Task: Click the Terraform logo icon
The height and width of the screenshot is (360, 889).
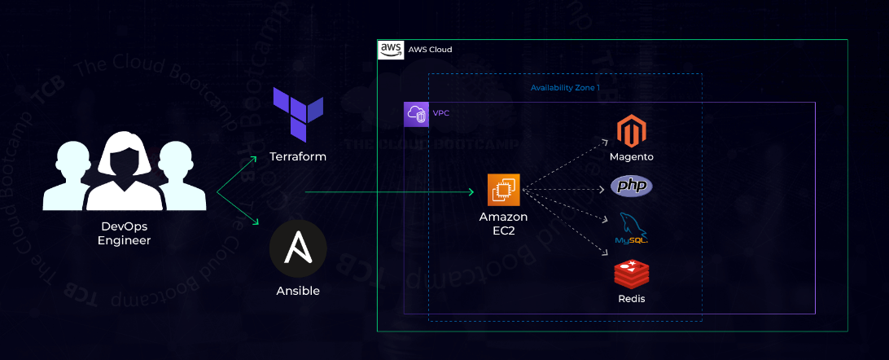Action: click(x=298, y=116)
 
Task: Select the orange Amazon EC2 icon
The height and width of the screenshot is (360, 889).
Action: click(x=503, y=190)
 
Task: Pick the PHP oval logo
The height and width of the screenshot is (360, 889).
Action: click(x=632, y=187)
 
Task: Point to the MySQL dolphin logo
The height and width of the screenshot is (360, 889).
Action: click(x=631, y=228)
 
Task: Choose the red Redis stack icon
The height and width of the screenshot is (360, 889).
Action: click(x=632, y=273)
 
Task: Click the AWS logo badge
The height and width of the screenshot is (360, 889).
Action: click(x=392, y=50)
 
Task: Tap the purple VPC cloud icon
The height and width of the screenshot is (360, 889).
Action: click(x=416, y=114)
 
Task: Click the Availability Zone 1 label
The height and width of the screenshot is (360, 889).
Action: click(x=565, y=87)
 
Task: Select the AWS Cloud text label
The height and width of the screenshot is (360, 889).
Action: click(x=430, y=50)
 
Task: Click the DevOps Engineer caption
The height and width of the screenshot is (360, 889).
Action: click(x=125, y=233)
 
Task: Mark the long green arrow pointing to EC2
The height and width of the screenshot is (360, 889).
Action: click(x=389, y=192)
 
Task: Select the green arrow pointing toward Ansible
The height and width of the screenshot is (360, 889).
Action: click(x=241, y=209)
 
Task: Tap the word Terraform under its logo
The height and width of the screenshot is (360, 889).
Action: click(x=298, y=156)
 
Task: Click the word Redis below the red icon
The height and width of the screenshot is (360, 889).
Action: click(x=632, y=299)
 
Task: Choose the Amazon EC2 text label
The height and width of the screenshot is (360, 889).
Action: click(x=503, y=223)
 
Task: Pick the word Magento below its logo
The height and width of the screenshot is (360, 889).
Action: click(x=632, y=156)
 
